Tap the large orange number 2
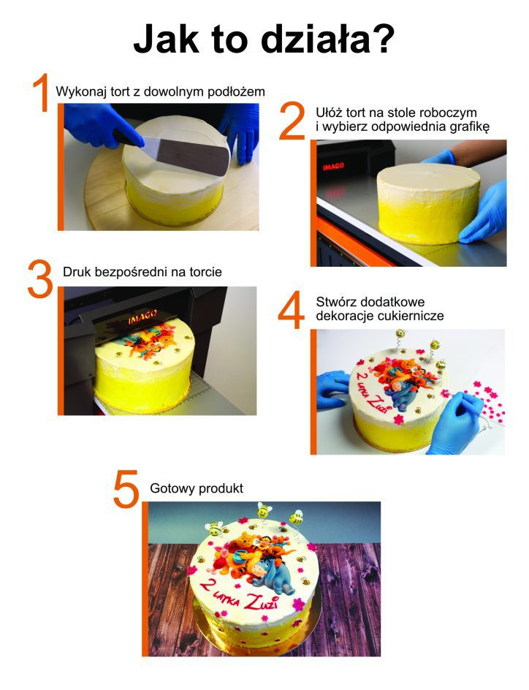[292, 122]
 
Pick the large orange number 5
[126, 488]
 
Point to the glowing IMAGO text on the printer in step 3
[143, 319]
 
